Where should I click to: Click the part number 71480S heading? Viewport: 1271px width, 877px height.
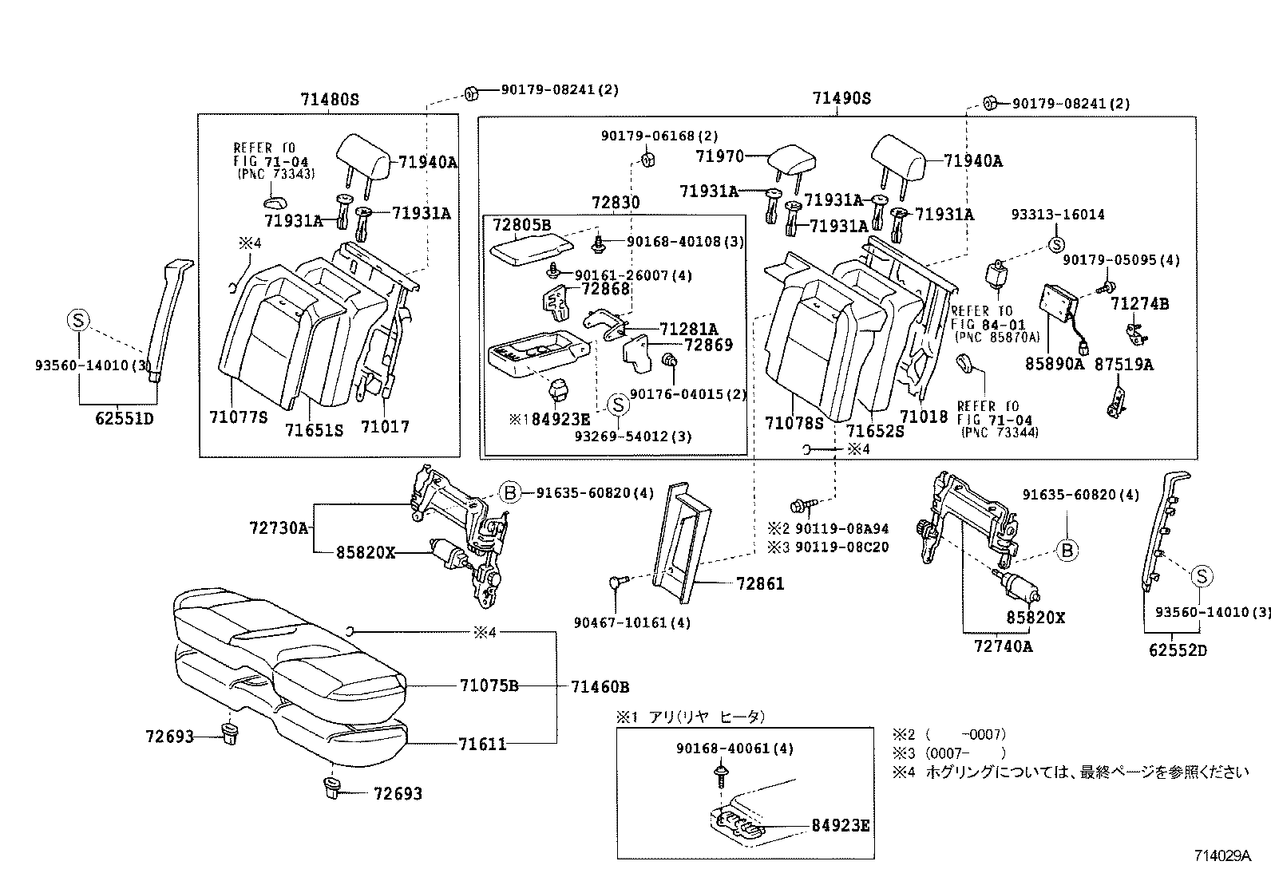pyautogui.click(x=330, y=100)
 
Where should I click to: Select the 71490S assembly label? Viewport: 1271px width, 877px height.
pyautogui.click(x=841, y=99)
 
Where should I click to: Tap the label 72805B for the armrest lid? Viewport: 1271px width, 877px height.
pyautogui.click(x=521, y=226)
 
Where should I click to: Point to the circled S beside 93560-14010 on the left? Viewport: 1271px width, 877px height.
pyautogui.click(x=78, y=321)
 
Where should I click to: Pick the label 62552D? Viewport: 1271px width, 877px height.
pyautogui.click(x=1178, y=650)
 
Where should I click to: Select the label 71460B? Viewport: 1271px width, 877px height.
pyautogui.click(x=600, y=686)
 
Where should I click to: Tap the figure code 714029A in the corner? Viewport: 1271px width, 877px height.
pyautogui.click(x=1222, y=856)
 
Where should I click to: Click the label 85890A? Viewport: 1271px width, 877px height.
pyautogui.click(x=1054, y=364)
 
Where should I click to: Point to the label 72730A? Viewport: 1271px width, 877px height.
pyautogui.click(x=278, y=527)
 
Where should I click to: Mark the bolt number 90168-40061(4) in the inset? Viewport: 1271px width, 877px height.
pyautogui.click(x=734, y=749)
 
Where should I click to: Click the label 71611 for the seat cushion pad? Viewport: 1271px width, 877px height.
pyautogui.click(x=482, y=745)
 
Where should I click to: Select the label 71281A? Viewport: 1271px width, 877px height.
pyautogui.click(x=688, y=329)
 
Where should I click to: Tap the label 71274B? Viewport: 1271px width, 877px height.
pyautogui.click(x=1139, y=304)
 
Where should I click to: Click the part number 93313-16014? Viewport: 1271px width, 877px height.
pyautogui.click(x=1058, y=215)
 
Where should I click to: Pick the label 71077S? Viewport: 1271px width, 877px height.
pyautogui.click(x=238, y=417)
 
